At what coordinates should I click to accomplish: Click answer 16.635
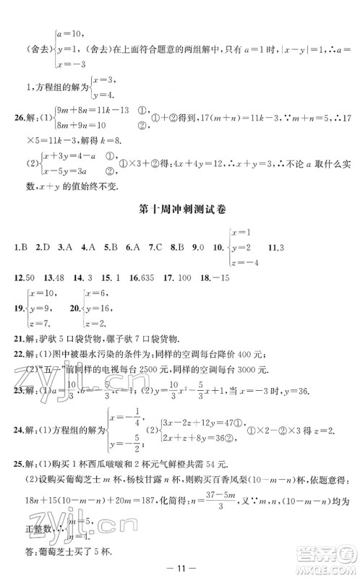(144, 277)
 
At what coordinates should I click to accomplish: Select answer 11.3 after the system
(273, 249)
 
